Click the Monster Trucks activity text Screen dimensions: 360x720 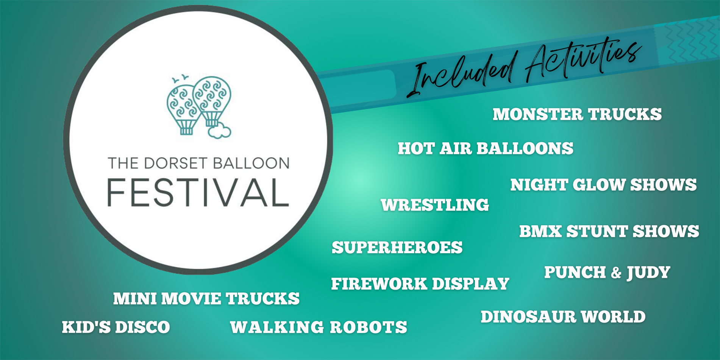point(577,114)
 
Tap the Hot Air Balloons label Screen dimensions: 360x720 point(485,148)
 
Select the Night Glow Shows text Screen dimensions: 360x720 point(603,185)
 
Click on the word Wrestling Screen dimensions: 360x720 point(435,205)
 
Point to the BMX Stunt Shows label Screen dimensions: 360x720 point(609,231)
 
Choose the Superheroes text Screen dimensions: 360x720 point(397,248)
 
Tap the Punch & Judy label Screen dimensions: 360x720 point(607,273)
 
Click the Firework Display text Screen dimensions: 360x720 point(420,284)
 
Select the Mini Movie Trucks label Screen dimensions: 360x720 point(206,299)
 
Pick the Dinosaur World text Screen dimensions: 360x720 point(563,317)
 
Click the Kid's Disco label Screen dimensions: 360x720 point(116,327)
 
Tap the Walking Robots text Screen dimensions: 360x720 point(318,327)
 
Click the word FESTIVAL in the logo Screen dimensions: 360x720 point(198,193)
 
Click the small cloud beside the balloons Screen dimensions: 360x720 point(219,131)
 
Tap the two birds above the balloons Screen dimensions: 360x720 point(180,78)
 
